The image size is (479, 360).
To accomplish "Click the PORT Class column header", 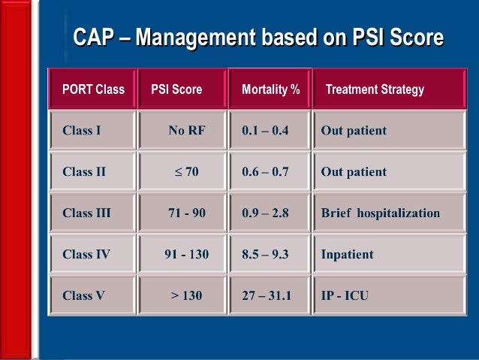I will [x=93, y=89].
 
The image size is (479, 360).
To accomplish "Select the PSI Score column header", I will [x=176, y=89].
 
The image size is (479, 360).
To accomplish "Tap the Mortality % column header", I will [x=270, y=89].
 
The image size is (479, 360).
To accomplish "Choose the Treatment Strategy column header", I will [x=375, y=89].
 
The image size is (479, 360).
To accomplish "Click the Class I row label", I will [x=82, y=131].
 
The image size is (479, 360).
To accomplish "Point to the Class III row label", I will [x=86, y=213].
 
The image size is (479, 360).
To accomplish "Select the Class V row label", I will [x=83, y=295].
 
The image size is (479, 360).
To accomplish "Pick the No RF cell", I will [x=186, y=131].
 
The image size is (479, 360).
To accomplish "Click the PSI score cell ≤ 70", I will [x=186, y=172].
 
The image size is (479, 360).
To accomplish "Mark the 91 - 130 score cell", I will [x=186, y=254].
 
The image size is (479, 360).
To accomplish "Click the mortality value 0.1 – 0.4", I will [x=265, y=131].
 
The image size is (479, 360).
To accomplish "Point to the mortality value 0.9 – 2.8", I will [x=265, y=213].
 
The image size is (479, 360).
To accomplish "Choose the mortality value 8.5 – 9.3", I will [x=265, y=254].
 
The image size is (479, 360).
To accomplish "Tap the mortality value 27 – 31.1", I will [x=267, y=295].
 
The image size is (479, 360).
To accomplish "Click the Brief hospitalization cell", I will [x=380, y=213].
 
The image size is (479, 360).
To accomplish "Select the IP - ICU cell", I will [x=345, y=295].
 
